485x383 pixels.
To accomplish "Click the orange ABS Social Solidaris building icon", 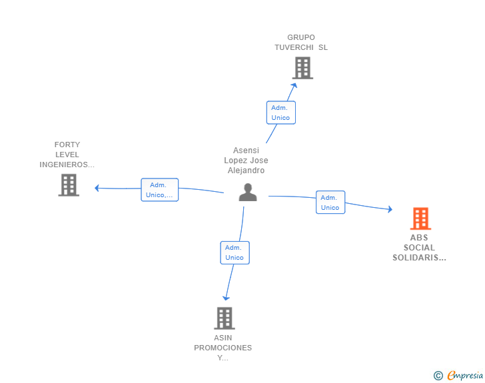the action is (420, 218).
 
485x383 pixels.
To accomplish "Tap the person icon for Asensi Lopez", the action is (248, 192).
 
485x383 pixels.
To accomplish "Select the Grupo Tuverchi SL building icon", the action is (302, 68).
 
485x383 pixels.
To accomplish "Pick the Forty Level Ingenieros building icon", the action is (69, 185).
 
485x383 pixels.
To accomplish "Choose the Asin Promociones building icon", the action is (225, 318).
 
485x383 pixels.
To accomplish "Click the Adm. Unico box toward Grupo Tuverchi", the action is (281, 113).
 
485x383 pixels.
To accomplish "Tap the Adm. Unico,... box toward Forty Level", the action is (160, 190).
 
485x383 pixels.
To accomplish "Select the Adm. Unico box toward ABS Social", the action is (330, 202).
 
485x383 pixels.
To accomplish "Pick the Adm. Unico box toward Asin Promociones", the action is (235, 252).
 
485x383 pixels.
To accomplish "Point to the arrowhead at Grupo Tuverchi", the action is (294, 86).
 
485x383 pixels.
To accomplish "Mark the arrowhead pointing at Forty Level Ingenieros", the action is (97, 188).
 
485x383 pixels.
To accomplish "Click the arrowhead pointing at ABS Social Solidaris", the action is (390, 209).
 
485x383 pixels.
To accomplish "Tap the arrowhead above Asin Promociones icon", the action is (226, 298).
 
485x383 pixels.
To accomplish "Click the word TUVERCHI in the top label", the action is (294, 47).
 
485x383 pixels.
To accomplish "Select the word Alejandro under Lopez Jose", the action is (246, 171).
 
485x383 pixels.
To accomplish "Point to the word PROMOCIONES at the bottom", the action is (223, 348).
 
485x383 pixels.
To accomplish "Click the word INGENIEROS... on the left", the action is (67, 165).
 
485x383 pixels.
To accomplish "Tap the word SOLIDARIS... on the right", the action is (419, 258).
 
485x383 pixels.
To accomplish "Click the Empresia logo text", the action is (465, 375).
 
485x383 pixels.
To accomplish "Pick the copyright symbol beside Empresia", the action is (438, 376).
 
